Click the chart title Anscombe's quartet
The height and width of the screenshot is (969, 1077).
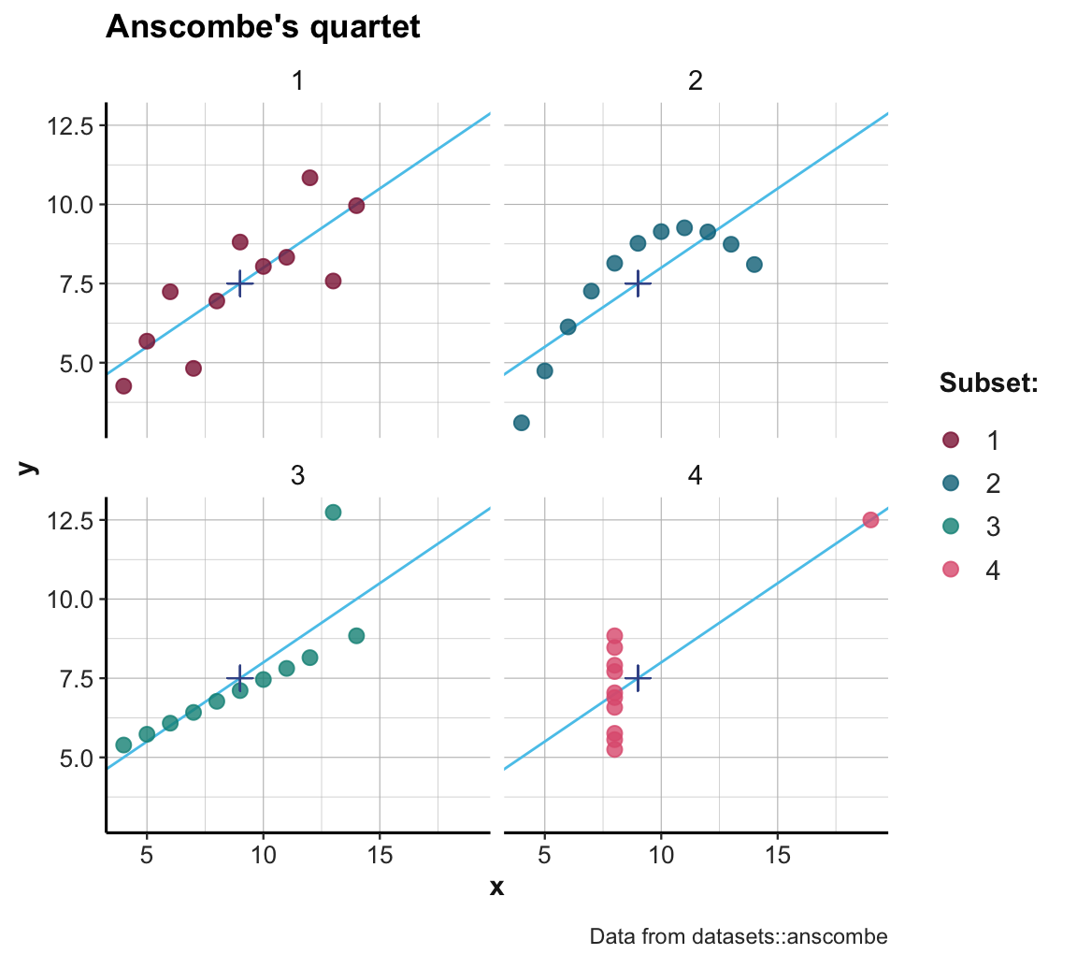[x=263, y=27]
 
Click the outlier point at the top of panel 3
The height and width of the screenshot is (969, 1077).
[x=333, y=512]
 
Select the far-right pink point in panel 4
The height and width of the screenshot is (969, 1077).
[x=870, y=520]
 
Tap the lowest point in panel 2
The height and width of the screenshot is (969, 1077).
[x=522, y=423]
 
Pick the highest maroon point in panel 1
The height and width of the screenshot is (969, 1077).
[x=309, y=178]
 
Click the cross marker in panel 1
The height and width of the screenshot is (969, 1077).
[x=240, y=283]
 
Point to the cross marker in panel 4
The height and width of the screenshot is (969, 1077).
[x=638, y=678]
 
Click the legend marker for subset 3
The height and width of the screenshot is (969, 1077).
[x=951, y=527]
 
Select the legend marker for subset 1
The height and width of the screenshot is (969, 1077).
[x=951, y=441]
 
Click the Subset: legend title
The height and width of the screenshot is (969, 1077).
[x=989, y=383]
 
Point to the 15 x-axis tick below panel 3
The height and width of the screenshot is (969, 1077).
[x=380, y=855]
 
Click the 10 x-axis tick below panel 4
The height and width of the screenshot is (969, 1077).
[x=661, y=855]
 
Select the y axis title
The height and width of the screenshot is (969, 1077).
[x=30, y=467]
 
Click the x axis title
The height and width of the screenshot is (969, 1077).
[x=496, y=887]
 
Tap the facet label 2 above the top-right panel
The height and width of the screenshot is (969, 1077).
[x=695, y=81]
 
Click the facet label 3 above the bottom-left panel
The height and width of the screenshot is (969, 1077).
[x=297, y=476]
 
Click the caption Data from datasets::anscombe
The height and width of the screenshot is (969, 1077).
[x=739, y=936]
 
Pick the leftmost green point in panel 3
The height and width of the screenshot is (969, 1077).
[x=123, y=745]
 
